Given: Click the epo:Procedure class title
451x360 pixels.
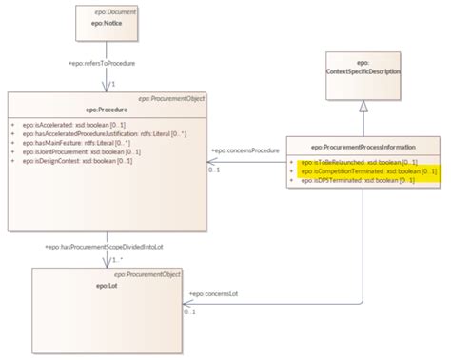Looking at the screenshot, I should pos(102,110).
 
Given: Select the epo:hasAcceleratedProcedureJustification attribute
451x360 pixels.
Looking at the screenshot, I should pos(98,133).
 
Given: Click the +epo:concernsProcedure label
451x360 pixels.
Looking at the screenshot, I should pos(244,151).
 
